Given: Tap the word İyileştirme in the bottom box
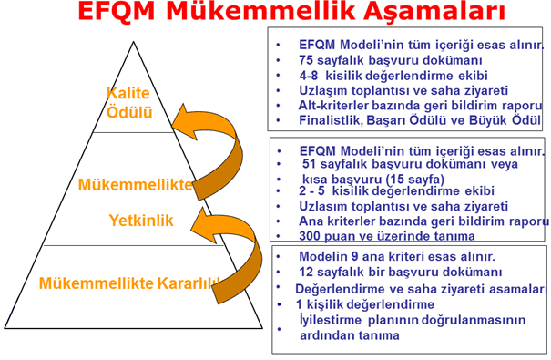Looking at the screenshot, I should [332, 319].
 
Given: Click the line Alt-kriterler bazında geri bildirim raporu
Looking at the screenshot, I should [420, 105].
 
